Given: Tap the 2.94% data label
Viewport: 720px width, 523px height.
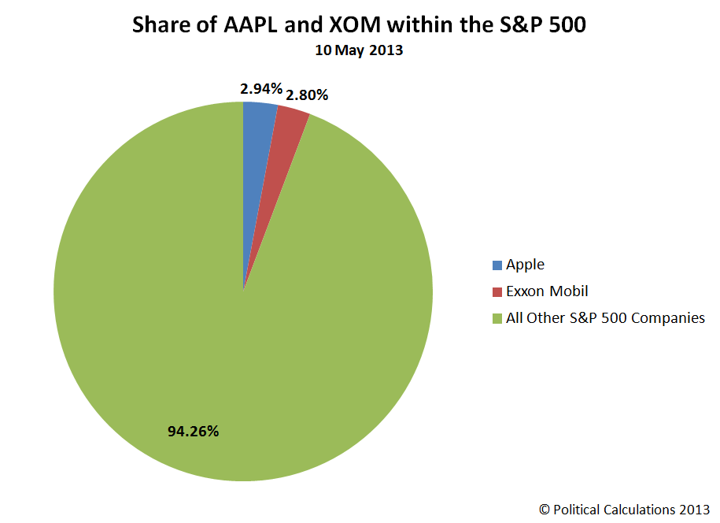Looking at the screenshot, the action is point(260,89).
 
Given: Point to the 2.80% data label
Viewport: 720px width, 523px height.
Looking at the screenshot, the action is point(307,95).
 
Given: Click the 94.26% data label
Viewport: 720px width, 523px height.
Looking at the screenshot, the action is point(193,431).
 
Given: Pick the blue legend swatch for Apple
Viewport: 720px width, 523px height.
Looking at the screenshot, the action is point(497,265).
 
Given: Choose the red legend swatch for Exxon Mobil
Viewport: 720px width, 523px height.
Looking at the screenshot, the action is point(497,292).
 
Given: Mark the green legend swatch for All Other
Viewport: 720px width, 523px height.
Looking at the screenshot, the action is point(497,318).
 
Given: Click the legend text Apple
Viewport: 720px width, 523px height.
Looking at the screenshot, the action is point(525,265).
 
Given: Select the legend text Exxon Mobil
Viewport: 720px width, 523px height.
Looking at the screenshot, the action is point(547,291).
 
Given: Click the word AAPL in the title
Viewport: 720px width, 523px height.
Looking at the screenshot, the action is point(250,24).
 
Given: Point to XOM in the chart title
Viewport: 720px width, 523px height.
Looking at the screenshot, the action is point(355,24).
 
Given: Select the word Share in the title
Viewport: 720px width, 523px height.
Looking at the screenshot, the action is point(161,24).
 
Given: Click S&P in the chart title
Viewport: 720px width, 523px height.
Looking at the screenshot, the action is point(521,24).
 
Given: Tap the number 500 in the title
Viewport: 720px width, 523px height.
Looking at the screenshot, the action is point(567,24).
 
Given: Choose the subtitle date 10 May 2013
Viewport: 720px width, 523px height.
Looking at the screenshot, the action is point(359,50).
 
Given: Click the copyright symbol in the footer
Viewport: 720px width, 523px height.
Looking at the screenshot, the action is point(545,510).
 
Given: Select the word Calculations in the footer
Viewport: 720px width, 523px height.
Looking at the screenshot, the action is point(639,510).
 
